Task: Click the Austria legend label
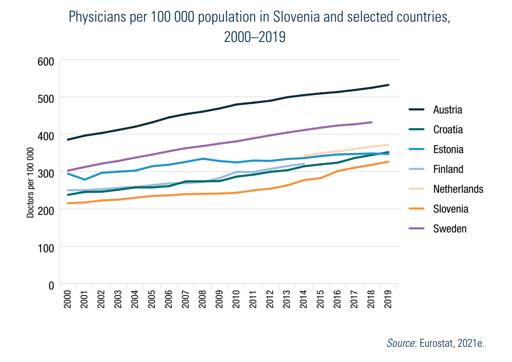[x=448, y=110]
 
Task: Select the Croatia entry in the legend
[x=448, y=130]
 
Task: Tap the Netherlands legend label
[x=458, y=189]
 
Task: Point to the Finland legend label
[x=448, y=169]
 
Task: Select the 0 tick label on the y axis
[x=51, y=285]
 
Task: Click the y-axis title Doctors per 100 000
[x=30, y=183]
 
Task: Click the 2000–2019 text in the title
[x=255, y=37]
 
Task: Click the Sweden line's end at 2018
[x=372, y=122]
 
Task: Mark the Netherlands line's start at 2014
[x=304, y=156]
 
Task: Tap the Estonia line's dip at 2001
[x=85, y=179]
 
